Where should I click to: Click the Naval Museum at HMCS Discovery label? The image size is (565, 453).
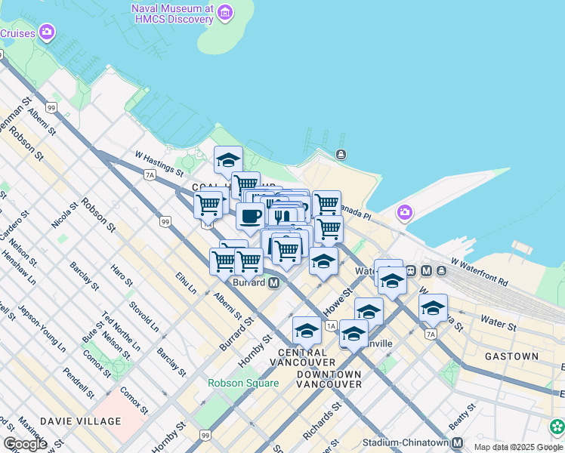pos(167,14)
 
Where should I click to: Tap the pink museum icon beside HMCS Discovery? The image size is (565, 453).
pos(225,13)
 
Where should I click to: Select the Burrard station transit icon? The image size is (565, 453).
pos(273,282)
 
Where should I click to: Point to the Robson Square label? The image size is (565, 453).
pos(243,383)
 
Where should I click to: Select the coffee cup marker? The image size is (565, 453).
pos(250,216)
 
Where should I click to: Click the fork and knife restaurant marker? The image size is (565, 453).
pos(282,216)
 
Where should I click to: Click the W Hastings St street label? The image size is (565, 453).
pos(159,162)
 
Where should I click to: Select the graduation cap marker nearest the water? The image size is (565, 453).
pos(228,160)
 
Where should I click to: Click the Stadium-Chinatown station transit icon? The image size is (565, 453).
pos(458,442)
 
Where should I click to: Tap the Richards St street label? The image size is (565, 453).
pos(323,422)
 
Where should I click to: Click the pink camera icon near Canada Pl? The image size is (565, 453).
pos(405,212)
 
